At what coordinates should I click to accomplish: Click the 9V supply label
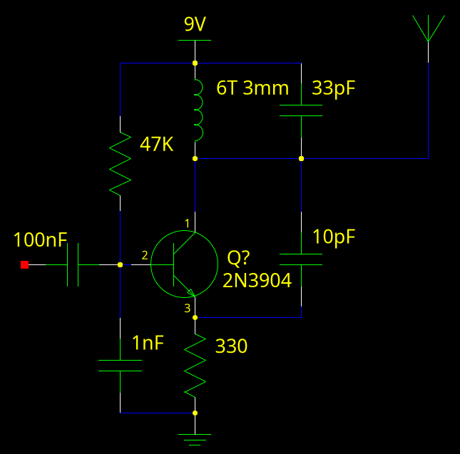coord(195,25)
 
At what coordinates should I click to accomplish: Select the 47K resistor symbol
coord(120,164)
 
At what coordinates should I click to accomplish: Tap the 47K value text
coord(157,145)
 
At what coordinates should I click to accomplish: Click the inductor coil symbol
coord(198,110)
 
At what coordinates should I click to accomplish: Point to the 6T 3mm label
coord(252,88)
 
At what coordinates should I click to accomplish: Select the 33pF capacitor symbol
coord(301,110)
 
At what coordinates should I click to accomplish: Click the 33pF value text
coord(334,88)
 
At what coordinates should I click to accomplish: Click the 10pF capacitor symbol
coord(301,259)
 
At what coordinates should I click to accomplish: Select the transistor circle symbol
coord(184,264)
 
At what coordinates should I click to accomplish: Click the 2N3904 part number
coord(257,281)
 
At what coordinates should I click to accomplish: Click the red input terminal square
coord(24,264)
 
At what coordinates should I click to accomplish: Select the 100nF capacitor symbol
coord(72,264)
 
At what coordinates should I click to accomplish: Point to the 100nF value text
coord(40,240)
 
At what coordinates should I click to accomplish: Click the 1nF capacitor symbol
coord(120,366)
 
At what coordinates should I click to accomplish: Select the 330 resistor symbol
coord(195,368)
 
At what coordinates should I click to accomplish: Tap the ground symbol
coord(195,438)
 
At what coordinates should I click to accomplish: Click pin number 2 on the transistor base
coord(145,255)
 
